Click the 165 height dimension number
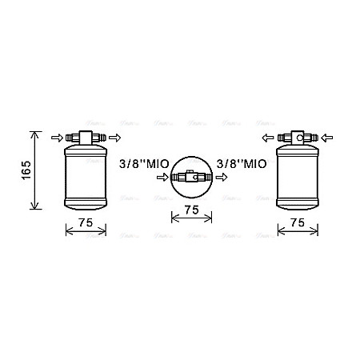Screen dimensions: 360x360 (x=25, y=170)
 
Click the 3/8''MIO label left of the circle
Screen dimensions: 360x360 (x=144, y=165)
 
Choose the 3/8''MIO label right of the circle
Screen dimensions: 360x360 (x=242, y=165)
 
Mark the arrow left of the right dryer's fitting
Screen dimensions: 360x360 (x=266, y=138)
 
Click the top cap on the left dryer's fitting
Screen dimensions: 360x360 (x=85, y=128)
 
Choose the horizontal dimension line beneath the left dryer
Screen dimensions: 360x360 (x=85, y=233)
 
